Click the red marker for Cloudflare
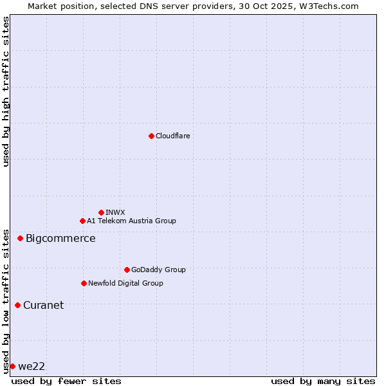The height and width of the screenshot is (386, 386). [x=151, y=136]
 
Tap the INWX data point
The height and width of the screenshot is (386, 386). [x=101, y=212]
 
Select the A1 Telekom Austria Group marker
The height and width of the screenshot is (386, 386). [x=82, y=221]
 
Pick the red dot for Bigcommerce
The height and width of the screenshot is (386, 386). [x=20, y=239]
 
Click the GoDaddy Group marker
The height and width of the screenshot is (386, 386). [x=127, y=270]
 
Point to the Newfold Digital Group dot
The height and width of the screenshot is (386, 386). [x=84, y=283]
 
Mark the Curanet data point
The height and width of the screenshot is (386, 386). [x=17, y=305]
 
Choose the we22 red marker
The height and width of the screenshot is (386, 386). [x=12, y=366]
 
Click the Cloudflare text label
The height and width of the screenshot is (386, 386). [x=172, y=136]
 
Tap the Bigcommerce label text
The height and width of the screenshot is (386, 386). [x=60, y=239]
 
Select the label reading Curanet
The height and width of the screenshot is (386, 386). [x=43, y=305]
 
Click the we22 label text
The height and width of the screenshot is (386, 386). [x=32, y=366]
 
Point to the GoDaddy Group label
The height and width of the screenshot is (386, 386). [x=158, y=270]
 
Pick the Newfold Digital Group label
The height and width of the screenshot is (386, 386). [x=125, y=283]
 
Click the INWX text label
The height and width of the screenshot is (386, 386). [x=115, y=212]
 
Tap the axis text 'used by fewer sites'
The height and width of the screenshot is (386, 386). [x=66, y=381]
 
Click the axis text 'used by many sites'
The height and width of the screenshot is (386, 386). [x=323, y=381]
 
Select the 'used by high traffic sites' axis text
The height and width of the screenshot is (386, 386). [x=6, y=91]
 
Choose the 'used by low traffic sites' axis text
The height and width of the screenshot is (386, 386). [x=6, y=300]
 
